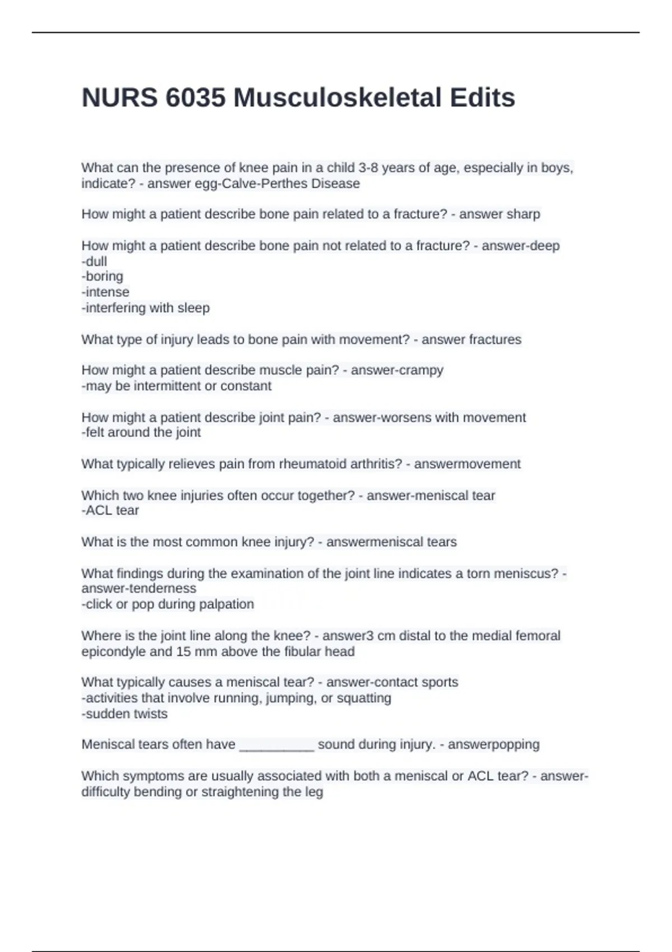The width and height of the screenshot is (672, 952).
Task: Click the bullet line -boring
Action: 102,277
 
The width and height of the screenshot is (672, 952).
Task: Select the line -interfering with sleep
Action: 146,308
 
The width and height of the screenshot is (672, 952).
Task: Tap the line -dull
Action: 94,262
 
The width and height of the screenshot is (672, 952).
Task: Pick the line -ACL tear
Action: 110,511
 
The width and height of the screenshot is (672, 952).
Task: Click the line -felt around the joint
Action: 141,433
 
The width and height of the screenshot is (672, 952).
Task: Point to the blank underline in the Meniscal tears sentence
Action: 277,745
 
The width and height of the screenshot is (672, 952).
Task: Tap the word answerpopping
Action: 493,745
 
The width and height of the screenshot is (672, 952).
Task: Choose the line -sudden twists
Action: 124,714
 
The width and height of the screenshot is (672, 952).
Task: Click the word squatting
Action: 364,698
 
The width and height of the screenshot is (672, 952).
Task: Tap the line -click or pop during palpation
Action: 167,604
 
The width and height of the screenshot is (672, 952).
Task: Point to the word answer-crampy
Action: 397,370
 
